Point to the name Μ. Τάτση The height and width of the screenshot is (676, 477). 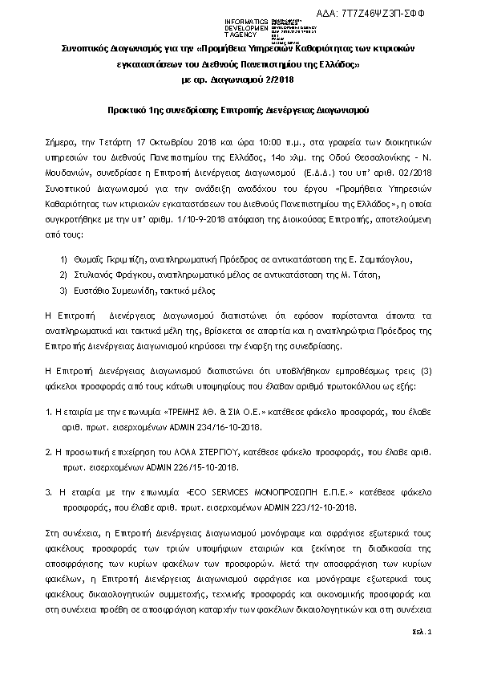(362, 274)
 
